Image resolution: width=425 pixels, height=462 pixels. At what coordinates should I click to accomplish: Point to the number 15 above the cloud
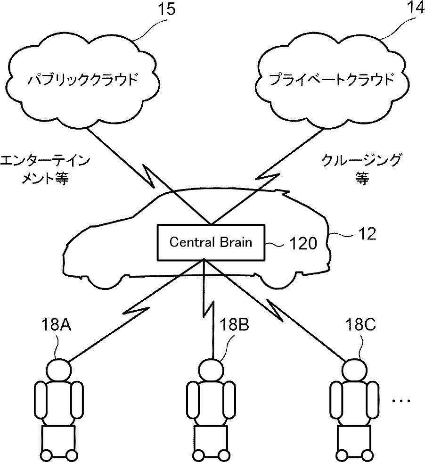166,10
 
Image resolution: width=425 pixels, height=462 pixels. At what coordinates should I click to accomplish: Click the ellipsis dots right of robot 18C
402,401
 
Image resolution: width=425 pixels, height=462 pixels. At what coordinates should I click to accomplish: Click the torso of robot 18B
211,401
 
